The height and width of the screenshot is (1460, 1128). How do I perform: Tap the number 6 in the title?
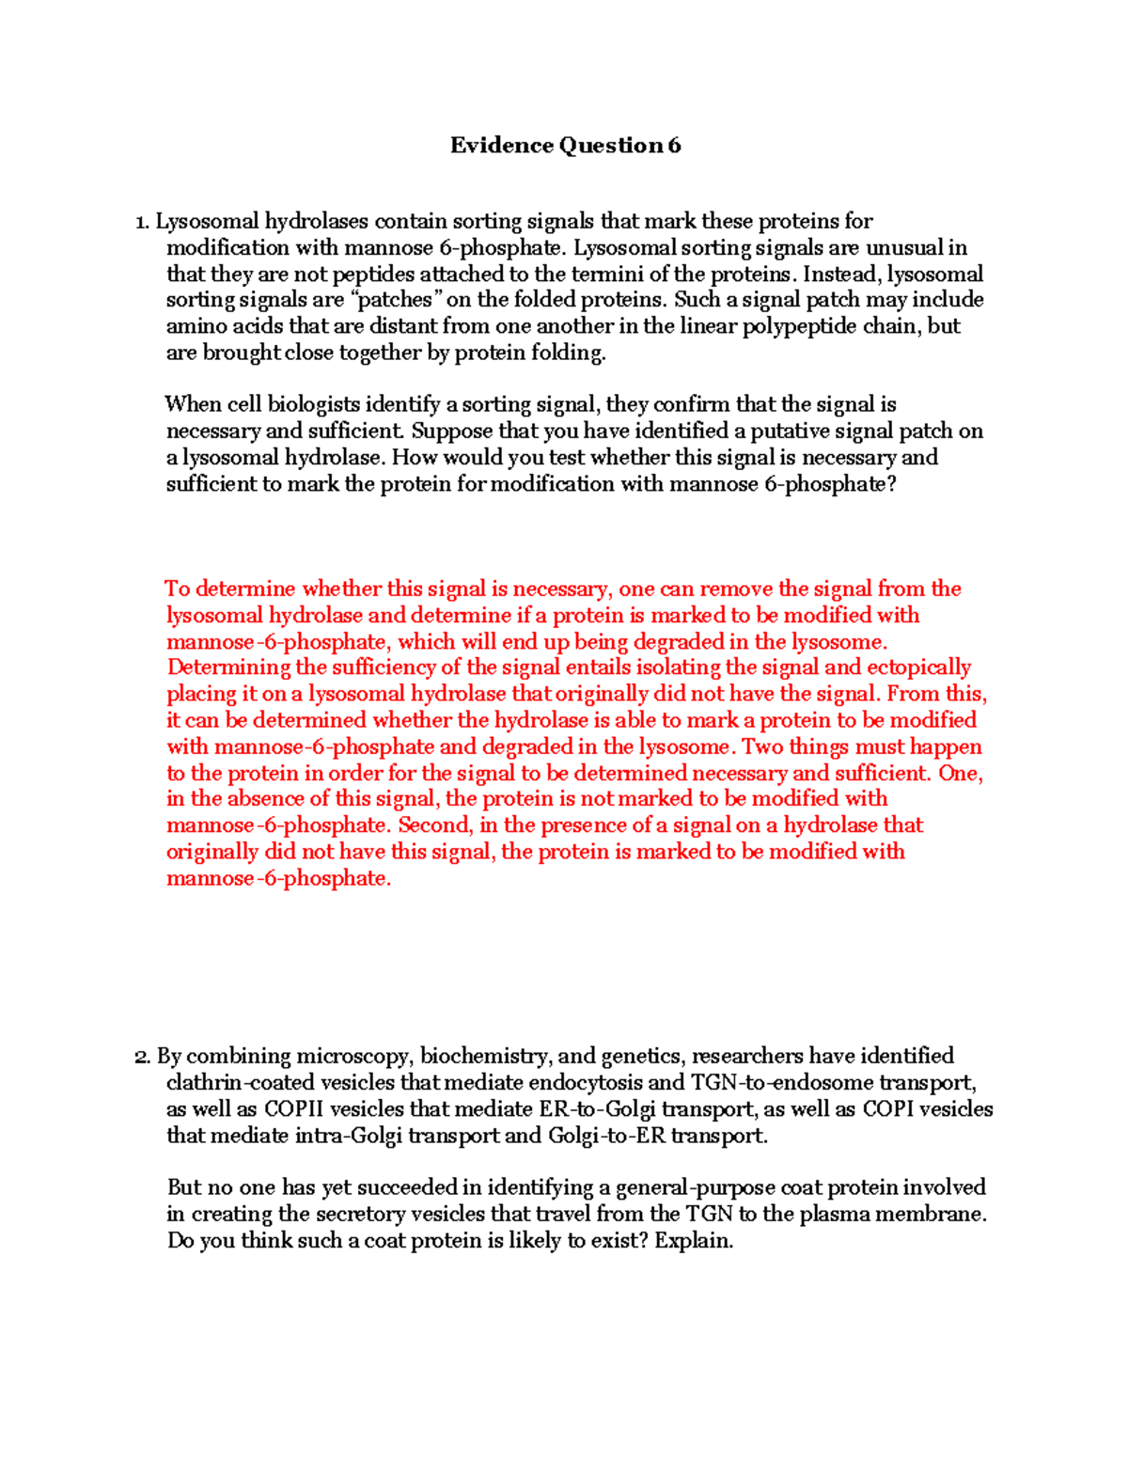click(674, 145)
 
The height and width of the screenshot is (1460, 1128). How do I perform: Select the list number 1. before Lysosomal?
click(142, 222)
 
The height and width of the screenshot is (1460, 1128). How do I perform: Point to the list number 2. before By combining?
click(142, 1056)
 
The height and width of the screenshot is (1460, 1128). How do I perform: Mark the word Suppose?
click(454, 431)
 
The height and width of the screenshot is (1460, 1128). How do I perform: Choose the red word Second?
click(435, 825)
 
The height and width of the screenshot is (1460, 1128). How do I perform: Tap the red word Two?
click(761, 746)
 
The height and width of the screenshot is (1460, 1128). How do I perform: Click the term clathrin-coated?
click(241, 1083)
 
